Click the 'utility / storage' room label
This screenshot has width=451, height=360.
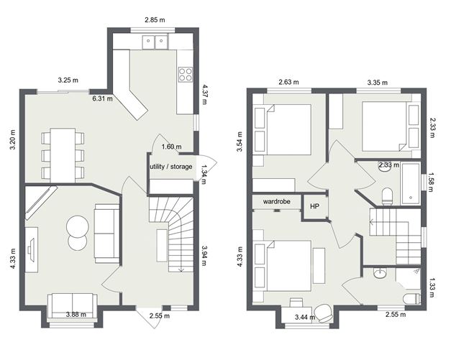[x=171, y=167]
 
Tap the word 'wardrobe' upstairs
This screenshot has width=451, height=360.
[x=276, y=202]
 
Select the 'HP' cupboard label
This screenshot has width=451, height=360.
[x=314, y=206]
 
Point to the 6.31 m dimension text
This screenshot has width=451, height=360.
[x=102, y=98]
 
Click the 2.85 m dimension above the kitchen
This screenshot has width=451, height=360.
[x=151, y=20]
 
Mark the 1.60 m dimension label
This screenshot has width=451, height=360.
[x=171, y=147]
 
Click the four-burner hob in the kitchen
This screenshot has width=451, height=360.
[x=185, y=73]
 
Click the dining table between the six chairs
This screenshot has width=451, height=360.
[x=63, y=154]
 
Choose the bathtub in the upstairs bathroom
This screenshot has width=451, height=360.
[x=409, y=182]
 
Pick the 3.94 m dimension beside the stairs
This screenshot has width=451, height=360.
[x=204, y=251]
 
